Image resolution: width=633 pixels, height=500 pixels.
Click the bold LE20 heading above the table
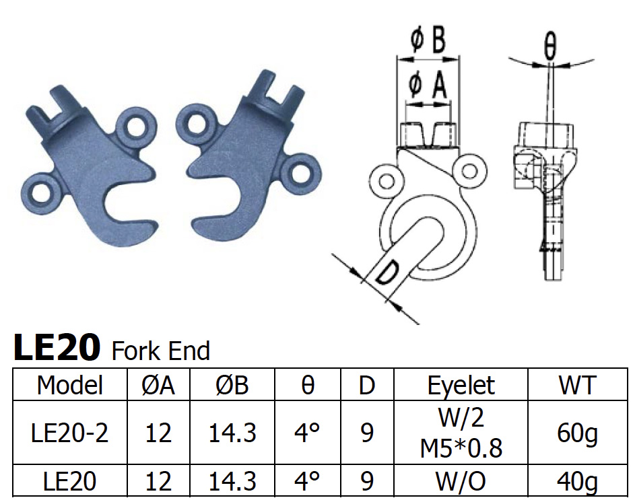(57, 348)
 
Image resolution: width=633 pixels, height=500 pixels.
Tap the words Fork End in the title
(160, 351)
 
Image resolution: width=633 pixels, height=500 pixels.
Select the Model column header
(70, 385)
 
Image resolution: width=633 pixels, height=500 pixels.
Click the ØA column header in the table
(158, 385)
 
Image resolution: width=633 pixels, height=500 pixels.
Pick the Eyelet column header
(461, 385)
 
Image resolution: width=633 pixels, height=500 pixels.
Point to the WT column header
(577, 385)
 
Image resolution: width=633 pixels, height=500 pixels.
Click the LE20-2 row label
(70, 433)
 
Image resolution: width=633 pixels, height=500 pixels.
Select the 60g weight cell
(577, 433)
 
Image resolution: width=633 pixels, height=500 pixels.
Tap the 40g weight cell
(577, 481)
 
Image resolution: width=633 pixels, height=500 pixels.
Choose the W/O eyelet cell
(461, 481)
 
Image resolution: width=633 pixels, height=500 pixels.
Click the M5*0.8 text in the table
(461, 447)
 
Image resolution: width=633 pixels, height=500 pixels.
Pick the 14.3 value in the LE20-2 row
(232, 433)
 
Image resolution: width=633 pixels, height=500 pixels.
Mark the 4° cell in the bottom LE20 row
(306, 481)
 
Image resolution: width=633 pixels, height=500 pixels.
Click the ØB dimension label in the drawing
(428, 42)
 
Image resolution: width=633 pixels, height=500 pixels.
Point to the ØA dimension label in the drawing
(428, 85)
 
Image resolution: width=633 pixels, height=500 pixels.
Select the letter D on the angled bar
(389, 277)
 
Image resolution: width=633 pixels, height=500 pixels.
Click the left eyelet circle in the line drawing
(386, 180)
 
